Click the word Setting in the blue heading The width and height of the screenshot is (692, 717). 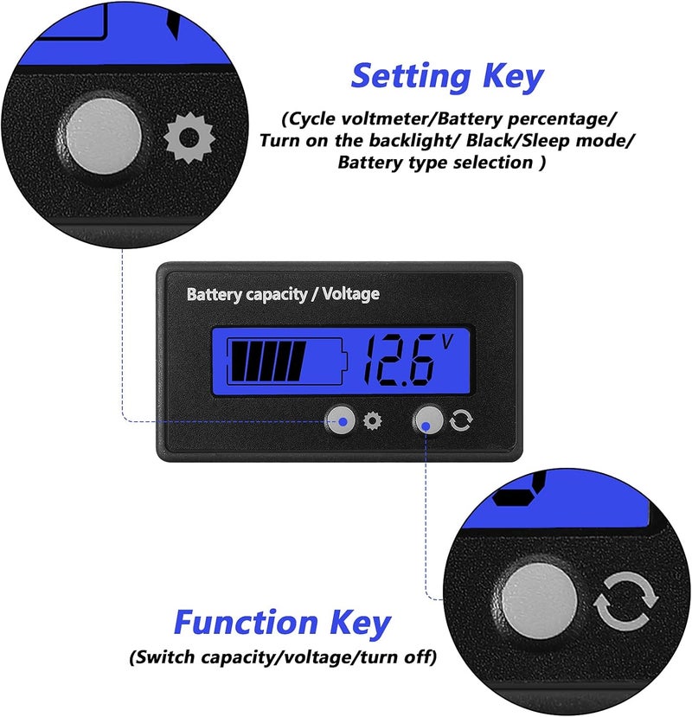(x=411, y=77)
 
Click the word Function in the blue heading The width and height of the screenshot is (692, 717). (x=246, y=622)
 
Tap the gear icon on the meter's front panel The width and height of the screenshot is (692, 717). (x=372, y=420)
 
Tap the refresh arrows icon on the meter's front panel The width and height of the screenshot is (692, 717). (x=460, y=420)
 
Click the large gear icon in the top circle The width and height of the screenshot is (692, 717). (x=189, y=138)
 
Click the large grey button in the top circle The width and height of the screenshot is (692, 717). (x=104, y=137)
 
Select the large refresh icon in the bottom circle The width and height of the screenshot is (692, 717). (x=626, y=601)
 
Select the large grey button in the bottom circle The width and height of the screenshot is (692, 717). (x=540, y=601)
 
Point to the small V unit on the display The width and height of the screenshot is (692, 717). (x=447, y=341)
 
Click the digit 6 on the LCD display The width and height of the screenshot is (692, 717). (x=416, y=362)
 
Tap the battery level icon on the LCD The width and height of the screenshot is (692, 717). (x=287, y=362)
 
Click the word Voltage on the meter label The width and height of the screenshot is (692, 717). (x=351, y=293)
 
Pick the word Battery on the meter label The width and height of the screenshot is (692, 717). (x=215, y=294)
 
